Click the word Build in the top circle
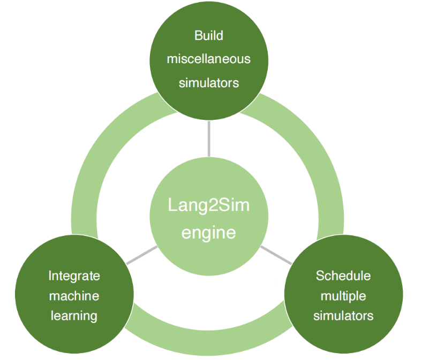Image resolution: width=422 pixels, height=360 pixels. click(x=208, y=36)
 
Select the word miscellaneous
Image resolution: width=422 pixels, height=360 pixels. click(x=208, y=59)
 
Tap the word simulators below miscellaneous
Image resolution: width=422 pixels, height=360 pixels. click(x=208, y=82)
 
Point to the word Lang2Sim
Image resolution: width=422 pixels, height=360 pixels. click(x=208, y=205)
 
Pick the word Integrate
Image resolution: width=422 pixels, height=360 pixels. click(x=74, y=276)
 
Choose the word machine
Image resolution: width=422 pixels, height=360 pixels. click(x=74, y=296)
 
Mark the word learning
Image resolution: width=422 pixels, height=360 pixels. click(x=74, y=316)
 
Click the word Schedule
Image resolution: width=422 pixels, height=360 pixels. click(x=343, y=276)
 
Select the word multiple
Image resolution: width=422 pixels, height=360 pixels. click(x=343, y=296)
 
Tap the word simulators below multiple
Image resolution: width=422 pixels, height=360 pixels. click(x=343, y=316)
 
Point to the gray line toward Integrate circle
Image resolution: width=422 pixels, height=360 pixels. click(x=141, y=256)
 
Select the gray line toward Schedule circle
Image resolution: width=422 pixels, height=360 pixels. click(x=276, y=256)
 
